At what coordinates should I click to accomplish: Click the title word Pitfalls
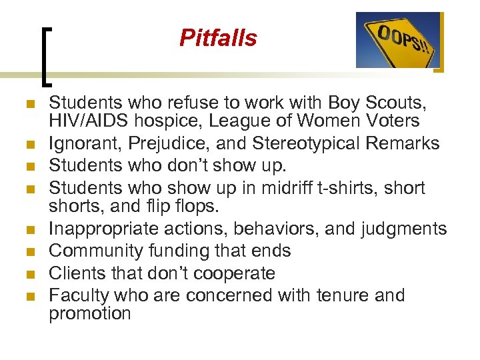point(218,39)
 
